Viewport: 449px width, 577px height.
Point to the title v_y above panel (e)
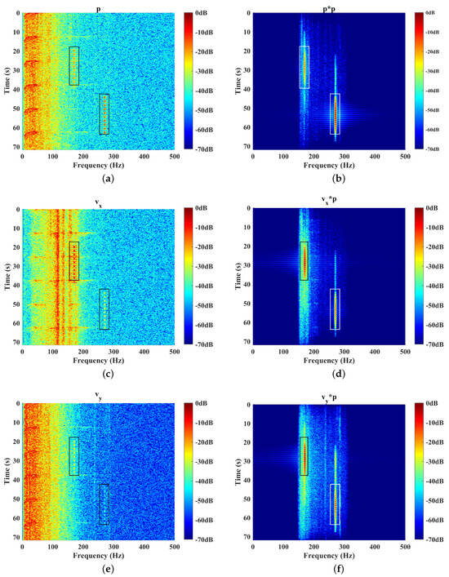click(98, 397)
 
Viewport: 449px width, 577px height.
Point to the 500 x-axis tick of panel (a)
click(175, 157)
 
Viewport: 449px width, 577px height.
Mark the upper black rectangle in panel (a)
click(74, 65)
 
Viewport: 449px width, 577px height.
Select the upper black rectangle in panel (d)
click(305, 260)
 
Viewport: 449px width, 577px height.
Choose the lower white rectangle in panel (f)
click(335, 504)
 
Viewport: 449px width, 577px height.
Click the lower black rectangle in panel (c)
click(104, 308)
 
